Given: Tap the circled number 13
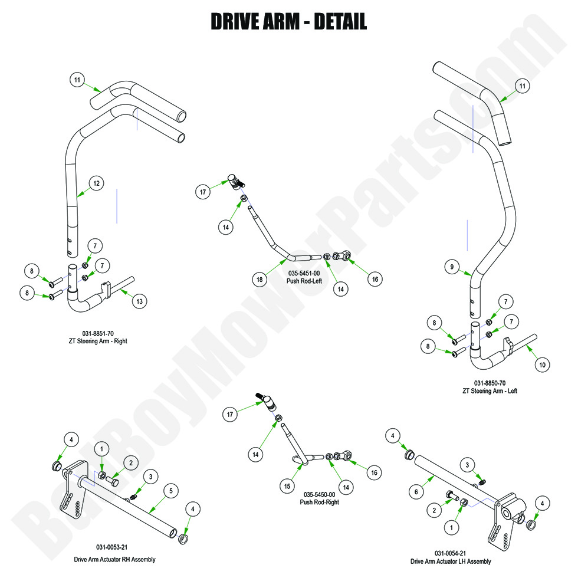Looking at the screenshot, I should point(139,301).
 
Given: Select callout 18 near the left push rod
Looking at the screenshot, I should point(259,280).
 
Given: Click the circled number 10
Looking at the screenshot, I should point(542,365).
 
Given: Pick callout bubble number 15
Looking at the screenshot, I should point(287,486).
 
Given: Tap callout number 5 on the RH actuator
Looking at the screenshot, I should point(170,489).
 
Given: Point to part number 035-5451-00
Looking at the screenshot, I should point(303,274).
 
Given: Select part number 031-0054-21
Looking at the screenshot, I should point(449,553).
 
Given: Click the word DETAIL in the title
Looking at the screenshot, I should point(340,21).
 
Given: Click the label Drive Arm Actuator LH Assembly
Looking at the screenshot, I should point(451,561).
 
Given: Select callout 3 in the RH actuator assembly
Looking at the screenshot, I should point(150,477).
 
